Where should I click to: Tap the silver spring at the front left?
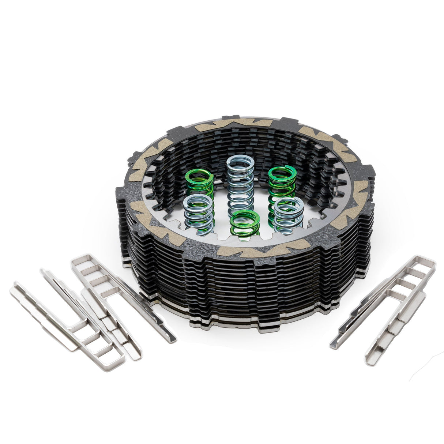tap(198, 214)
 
